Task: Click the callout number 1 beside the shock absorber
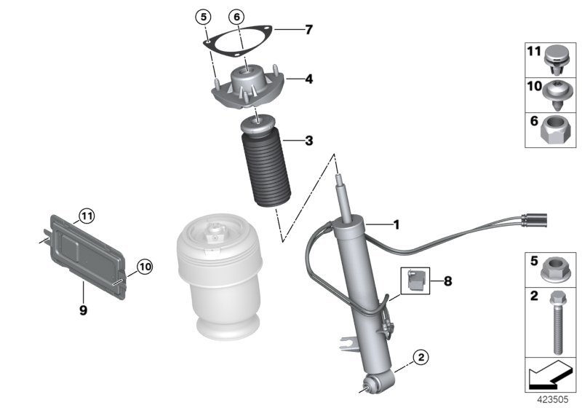coord(396,225)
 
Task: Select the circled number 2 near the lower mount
coord(419,357)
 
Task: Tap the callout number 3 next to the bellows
coord(308,141)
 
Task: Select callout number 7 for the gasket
coord(308,30)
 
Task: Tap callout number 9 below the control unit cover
coord(83,310)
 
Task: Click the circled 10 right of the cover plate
coord(144,267)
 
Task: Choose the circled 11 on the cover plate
coord(87,215)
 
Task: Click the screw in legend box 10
coord(557,94)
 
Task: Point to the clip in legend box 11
coord(557,58)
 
